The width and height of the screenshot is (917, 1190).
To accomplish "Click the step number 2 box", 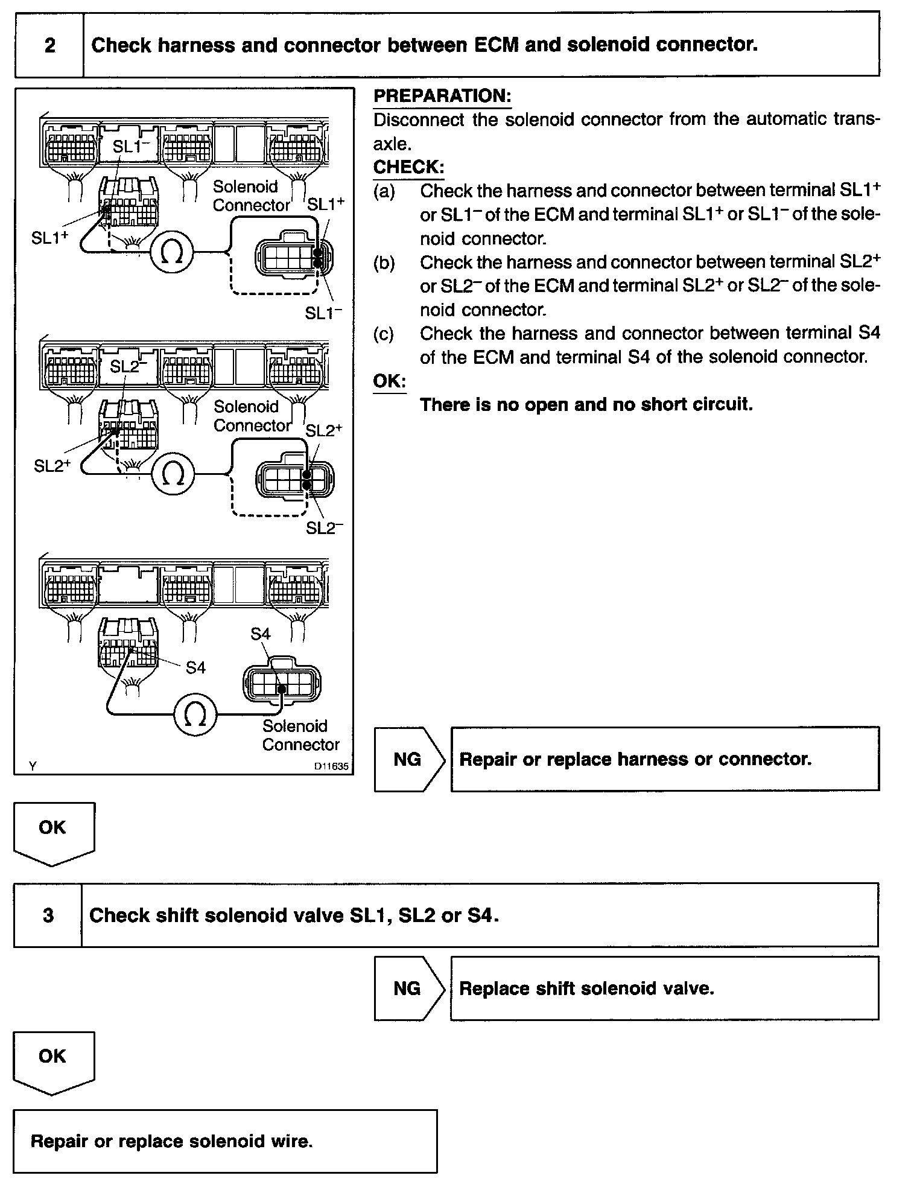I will (49, 46).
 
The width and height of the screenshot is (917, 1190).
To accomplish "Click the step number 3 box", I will (48, 915).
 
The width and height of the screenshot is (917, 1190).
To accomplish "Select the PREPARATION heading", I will (442, 96).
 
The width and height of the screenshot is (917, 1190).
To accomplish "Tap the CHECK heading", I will (408, 167).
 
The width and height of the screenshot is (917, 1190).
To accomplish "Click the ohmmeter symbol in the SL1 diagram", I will (171, 253).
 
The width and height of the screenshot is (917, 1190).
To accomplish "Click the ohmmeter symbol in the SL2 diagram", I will (173, 474).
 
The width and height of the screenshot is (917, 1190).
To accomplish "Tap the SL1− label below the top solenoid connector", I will (323, 313).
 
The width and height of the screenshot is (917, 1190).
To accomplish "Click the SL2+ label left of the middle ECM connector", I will (53, 466).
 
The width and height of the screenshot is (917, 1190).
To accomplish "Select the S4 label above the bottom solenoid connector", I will (260, 634).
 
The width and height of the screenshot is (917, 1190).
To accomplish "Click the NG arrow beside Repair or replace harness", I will (409, 759).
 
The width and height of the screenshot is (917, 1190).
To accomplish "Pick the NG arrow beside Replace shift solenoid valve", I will (409, 988).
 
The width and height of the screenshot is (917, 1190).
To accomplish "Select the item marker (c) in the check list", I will (384, 334).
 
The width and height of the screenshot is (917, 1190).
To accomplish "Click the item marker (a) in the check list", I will (384, 191).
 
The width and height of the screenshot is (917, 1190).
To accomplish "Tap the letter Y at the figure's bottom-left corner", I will (32, 766).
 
